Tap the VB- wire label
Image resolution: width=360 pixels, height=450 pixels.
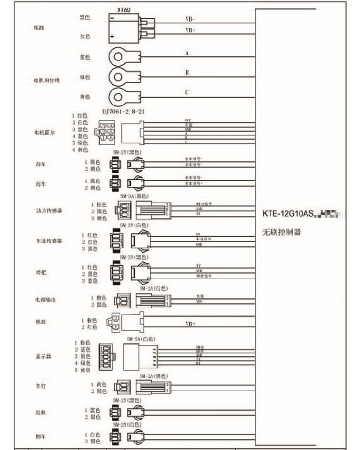point(191,20)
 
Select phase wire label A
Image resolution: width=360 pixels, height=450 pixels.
point(187,53)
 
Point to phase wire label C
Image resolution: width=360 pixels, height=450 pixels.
point(187,92)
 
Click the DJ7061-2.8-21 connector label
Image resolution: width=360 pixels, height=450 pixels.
point(123,112)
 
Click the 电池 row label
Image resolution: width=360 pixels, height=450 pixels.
point(38,28)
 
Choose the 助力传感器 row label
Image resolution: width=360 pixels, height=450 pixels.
point(49,210)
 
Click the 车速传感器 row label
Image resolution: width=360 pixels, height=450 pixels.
point(49,241)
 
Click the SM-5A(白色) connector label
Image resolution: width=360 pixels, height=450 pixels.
point(141,338)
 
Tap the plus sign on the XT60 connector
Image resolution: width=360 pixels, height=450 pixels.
point(112,36)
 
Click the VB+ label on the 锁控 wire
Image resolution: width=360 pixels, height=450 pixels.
point(191,324)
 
